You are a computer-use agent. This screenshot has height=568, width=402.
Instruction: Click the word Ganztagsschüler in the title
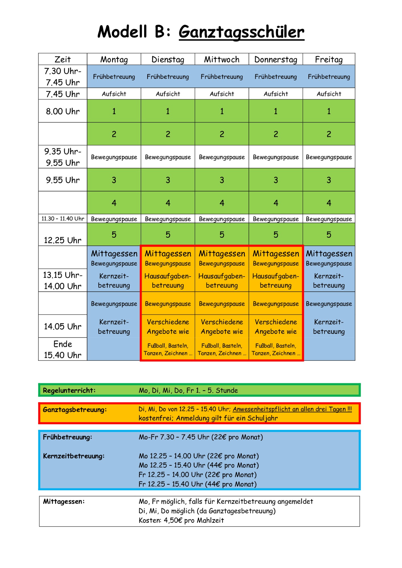(241, 32)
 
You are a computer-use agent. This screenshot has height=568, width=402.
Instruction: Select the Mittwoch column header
(222, 59)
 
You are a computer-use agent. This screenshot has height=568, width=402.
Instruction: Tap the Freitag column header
(329, 59)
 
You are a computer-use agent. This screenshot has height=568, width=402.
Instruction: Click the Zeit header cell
(63, 59)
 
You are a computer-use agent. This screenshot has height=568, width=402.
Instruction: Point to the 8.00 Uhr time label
(63, 111)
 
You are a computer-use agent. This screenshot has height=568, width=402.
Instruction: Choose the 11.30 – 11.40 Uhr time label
(63, 219)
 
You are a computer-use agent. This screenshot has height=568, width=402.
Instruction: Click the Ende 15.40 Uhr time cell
(63, 349)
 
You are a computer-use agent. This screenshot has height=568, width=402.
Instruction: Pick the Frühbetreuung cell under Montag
(114, 77)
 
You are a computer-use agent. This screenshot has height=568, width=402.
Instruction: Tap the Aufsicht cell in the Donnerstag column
(275, 94)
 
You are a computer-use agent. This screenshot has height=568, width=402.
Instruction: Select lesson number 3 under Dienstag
(168, 180)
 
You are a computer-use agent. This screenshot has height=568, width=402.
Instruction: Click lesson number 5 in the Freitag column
(329, 235)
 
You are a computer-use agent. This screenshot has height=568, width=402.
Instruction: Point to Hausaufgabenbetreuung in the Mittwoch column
(222, 281)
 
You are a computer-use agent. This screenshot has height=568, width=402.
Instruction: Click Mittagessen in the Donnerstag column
(276, 254)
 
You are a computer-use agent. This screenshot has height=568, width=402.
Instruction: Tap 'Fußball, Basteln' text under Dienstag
(168, 346)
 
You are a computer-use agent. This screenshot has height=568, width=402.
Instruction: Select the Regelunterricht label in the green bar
(69, 390)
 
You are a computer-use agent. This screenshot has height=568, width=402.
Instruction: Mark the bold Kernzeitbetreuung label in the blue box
(74, 456)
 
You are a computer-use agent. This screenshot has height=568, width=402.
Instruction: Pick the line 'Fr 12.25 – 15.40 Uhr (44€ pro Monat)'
(198, 484)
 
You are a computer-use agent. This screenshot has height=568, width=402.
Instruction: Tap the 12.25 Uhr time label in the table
(63, 240)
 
